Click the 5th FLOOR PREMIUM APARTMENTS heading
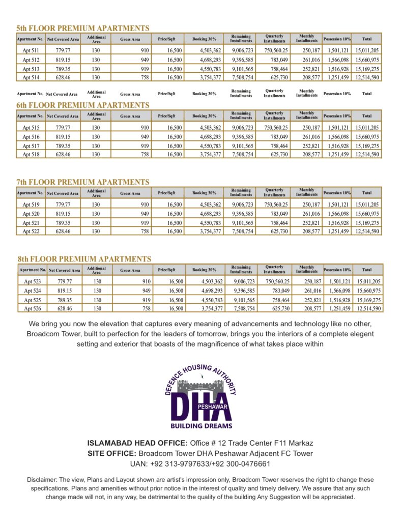click(83, 28)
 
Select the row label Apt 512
click(31, 60)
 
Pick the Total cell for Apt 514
click(367, 77)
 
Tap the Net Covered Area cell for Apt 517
click(63, 146)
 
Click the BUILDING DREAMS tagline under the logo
click(201, 426)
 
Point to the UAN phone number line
click(200, 464)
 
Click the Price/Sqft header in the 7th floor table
click(166, 193)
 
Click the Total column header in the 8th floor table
click(367, 270)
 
